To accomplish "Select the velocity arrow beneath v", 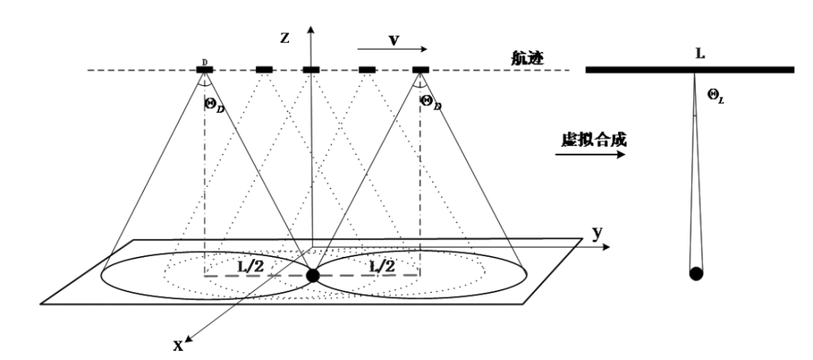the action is [x=392, y=50].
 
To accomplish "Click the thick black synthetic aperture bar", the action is [x=690, y=70].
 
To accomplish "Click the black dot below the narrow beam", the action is [x=696, y=273].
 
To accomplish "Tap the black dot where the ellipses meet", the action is [x=312, y=276].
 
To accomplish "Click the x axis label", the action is [x=178, y=346].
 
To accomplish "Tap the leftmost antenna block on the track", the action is [x=205, y=70].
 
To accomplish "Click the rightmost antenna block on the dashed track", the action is [x=420, y=70].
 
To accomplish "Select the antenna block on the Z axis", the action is [x=311, y=70].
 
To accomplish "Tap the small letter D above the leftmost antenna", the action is [x=203, y=60].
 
